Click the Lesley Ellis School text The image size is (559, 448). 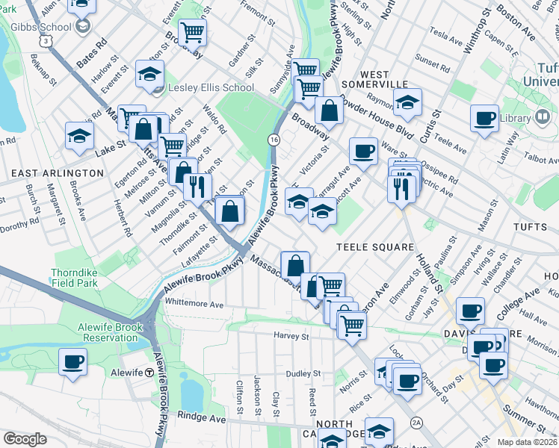click(211, 87)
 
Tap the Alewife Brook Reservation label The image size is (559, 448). click(108, 332)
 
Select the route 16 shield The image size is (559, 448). click(274, 140)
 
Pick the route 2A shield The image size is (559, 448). click(416, 423)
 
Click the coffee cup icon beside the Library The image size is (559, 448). click(484, 118)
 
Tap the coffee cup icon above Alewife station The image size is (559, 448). click(73, 361)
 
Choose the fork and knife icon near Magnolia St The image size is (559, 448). click(197, 185)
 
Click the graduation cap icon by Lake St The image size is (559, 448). click(78, 136)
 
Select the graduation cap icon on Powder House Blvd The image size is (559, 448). click(407, 102)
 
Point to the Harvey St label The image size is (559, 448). click(291, 337)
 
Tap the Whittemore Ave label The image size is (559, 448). click(194, 305)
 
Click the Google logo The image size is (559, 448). click(25, 439)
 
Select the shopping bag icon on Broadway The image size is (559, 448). click(328, 112)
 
